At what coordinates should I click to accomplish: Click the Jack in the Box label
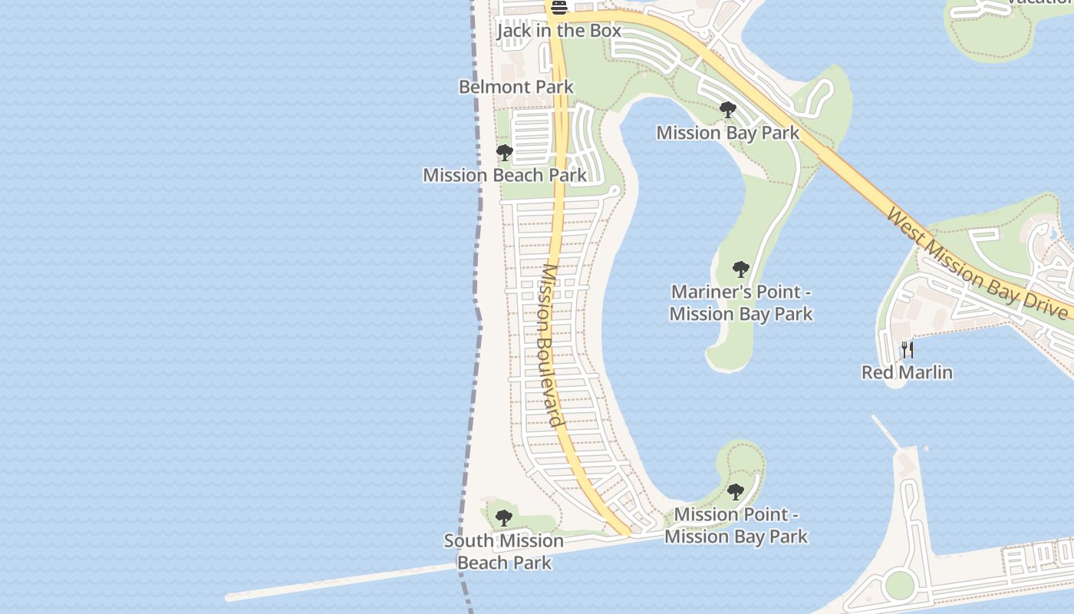[x=558, y=31]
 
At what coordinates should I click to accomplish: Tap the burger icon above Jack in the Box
[x=558, y=8]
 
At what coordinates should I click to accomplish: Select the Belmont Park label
[x=516, y=87]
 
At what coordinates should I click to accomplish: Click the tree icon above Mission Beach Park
[x=504, y=153]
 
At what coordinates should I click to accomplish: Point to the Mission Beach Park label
[x=505, y=175]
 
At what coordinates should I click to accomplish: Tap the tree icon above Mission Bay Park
[x=727, y=111]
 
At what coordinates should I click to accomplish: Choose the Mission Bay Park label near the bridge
[x=727, y=133]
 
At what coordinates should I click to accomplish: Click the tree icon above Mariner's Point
[x=740, y=269]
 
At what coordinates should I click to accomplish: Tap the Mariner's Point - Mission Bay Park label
[x=740, y=302]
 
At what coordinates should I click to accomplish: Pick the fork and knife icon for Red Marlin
[x=908, y=350]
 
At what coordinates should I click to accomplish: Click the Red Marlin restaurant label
[x=907, y=372]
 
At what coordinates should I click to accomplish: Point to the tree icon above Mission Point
[x=735, y=491]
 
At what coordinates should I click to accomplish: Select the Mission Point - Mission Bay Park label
[x=736, y=525]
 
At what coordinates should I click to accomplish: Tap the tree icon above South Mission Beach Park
[x=503, y=518]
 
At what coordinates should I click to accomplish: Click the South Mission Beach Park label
[x=504, y=551]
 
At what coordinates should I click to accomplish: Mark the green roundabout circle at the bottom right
[x=899, y=586]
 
